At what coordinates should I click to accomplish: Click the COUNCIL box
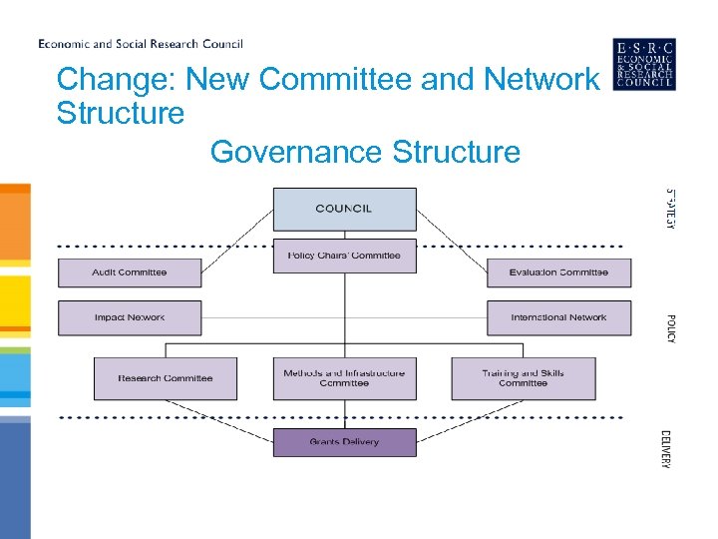click(344, 209)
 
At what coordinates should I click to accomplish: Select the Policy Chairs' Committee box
click(344, 256)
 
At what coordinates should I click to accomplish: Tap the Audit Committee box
click(130, 272)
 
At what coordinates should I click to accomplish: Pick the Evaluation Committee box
click(558, 272)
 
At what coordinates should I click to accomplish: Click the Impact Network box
click(130, 317)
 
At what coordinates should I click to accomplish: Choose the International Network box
click(558, 317)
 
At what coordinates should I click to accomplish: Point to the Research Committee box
click(166, 378)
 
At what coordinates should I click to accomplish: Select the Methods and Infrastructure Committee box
click(344, 378)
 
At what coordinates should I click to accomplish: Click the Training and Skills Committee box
click(523, 378)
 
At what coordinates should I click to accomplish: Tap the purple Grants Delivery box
click(344, 441)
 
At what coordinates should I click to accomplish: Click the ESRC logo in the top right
click(644, 64)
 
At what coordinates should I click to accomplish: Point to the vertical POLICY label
click(671, 328)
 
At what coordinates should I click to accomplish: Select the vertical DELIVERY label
click(666, 448)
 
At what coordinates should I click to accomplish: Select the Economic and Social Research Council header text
click(141, 44)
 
